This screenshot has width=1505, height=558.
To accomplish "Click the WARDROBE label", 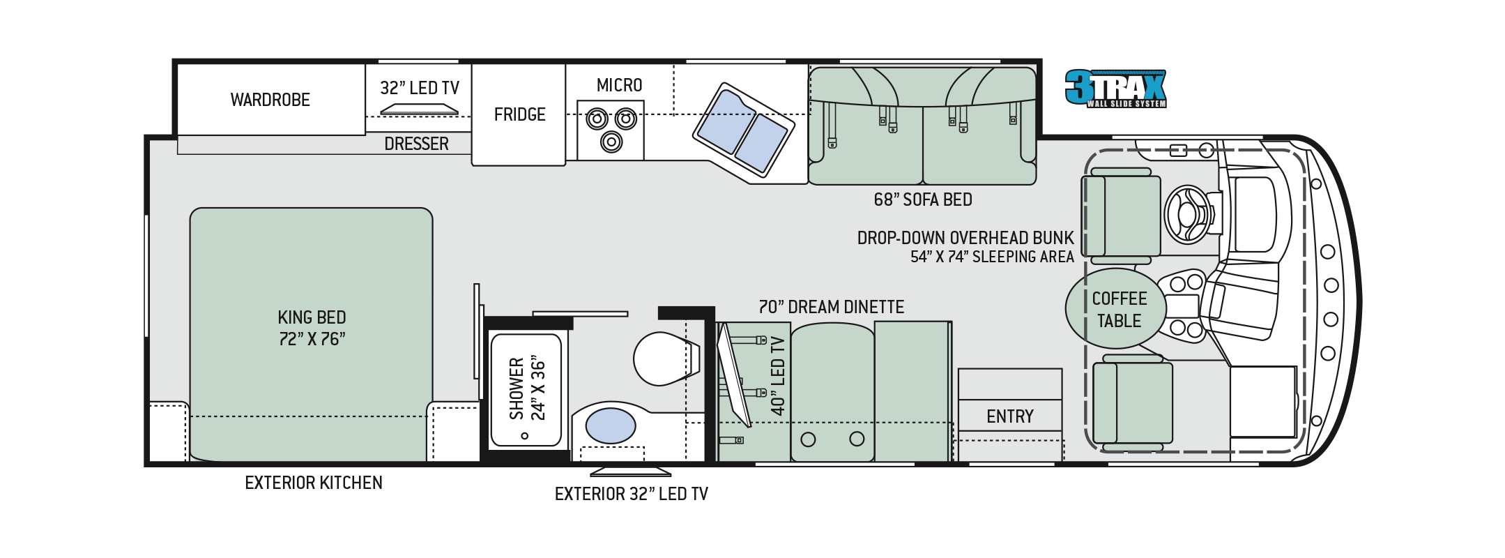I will (x=270, y=100).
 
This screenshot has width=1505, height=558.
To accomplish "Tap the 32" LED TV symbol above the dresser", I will (x=419, y=109).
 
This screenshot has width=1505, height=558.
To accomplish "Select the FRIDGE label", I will (x=519, y=114).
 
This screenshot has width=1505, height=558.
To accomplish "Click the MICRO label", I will (x=619, y=85).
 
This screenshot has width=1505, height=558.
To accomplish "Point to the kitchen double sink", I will (x=743, y=129).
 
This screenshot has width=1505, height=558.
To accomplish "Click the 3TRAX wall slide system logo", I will (x=1115, y=89).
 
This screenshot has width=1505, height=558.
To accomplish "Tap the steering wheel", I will (x=1187, y=214).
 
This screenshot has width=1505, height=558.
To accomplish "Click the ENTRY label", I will (x=1009, y=416).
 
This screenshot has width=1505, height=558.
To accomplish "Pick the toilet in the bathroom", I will (x=662, y=359).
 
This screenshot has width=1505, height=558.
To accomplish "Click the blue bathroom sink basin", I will (x=610, y=425).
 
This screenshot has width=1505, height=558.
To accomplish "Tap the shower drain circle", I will (x=525, y=435).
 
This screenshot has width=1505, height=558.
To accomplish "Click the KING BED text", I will (x=312, y=317).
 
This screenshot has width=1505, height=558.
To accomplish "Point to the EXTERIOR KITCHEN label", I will (x=314, y=483).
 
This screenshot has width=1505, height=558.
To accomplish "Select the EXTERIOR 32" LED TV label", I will (x=631, y=494).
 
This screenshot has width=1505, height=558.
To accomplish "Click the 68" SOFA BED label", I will (x=922, y=199).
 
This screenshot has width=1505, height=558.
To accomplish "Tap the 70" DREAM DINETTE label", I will (x=831, y=307).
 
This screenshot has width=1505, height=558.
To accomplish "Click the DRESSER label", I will (x=416, y=144).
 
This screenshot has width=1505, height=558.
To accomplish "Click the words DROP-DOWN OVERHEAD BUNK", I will (x=965, y=238).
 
